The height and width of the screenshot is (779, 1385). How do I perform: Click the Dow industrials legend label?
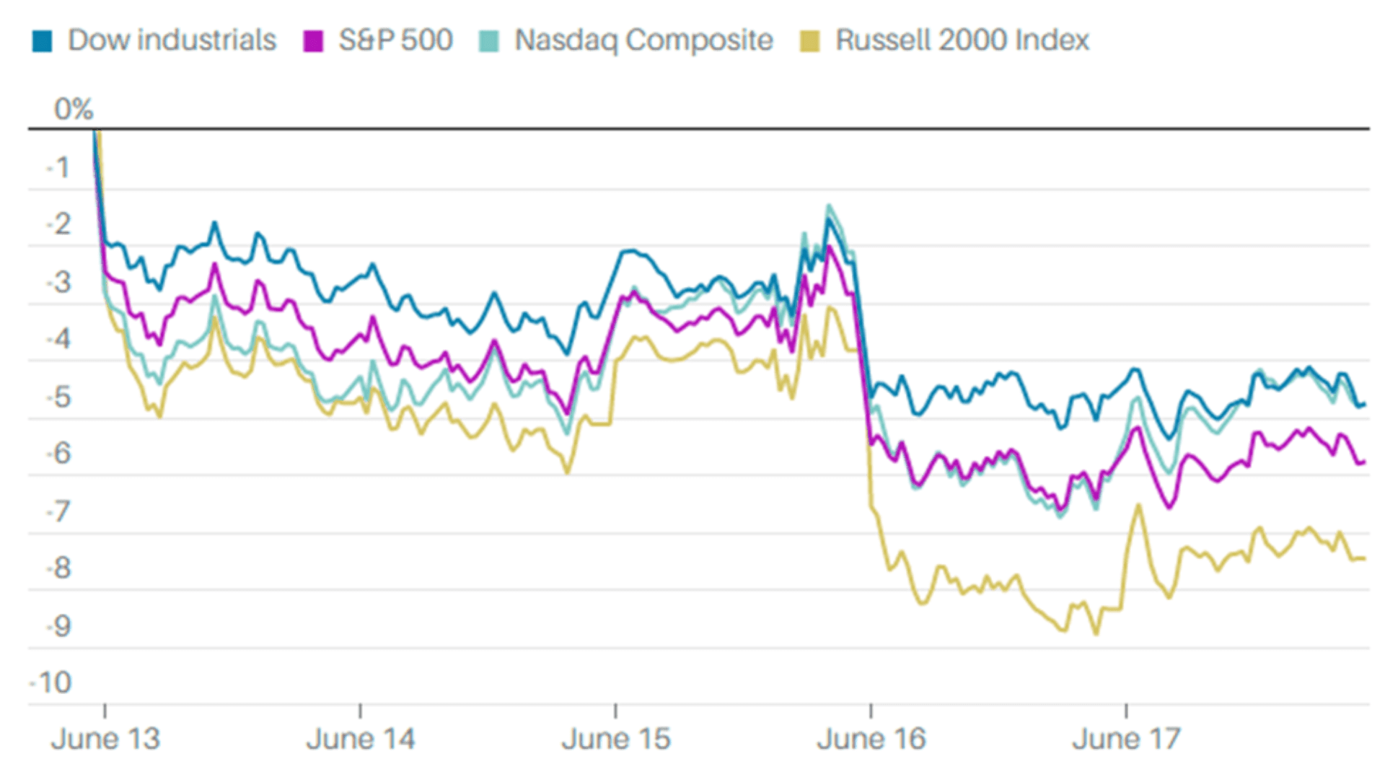[x=172, y=40]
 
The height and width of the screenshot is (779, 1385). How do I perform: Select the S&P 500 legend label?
[x=395, y=40]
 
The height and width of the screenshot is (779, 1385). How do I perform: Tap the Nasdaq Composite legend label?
[x=643, y=40]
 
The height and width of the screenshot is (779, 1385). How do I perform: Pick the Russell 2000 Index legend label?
[x=962, y=40]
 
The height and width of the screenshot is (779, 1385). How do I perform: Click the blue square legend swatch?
[x=43, y=41]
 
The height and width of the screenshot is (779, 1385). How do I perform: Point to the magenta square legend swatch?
[x=313, y=41]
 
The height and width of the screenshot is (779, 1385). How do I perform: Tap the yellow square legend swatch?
[x=810, y=41]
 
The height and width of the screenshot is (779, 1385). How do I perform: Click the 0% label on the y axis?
[x=74, y=110]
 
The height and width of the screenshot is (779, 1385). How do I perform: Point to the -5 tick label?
[x=59, y=397]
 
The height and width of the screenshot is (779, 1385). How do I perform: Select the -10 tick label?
[x=52, y=682]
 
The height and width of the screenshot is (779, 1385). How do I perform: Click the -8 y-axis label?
[x=59, y=568]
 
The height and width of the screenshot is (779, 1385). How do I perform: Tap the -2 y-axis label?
[x=59, y=225]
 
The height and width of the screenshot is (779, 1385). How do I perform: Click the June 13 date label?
[x=105, y=739]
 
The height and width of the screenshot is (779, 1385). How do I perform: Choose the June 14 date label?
[x=361, y=739]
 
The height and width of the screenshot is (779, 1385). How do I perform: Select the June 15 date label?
[x=616, y=739]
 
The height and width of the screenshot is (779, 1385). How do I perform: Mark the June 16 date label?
[x=871, y=739]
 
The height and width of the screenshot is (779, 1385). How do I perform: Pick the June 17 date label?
[x=1126, y=739]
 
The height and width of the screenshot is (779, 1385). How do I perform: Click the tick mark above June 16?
[x=871, y=711]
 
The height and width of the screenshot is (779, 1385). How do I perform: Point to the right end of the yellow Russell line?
[x=1363, y=558]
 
